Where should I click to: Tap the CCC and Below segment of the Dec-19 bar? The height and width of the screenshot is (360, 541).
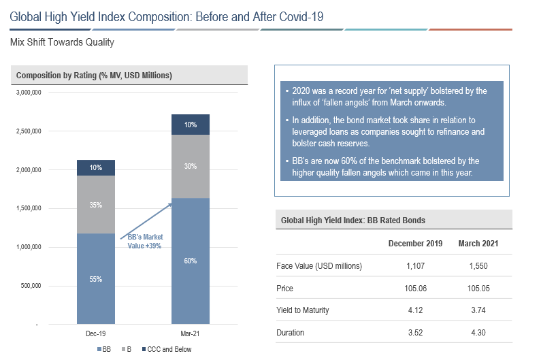[96, 168]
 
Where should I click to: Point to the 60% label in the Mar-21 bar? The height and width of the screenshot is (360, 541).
[190, 260]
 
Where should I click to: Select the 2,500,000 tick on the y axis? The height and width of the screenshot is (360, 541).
[29, 131]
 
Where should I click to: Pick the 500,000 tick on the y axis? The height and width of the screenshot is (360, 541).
[32, 285]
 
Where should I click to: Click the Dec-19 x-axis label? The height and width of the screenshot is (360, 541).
[96, 335]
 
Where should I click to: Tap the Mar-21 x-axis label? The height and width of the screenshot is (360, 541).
[190, 335]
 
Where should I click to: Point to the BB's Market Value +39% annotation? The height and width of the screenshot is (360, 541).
[145, 242]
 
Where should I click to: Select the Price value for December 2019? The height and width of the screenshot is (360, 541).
[415, 288]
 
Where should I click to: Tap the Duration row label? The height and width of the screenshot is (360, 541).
[291, 333]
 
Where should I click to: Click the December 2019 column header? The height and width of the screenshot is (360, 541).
[415, 244]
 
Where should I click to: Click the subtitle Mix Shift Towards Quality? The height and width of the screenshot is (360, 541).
[62, 42]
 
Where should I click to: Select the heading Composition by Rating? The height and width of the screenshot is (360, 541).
[93, 75]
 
